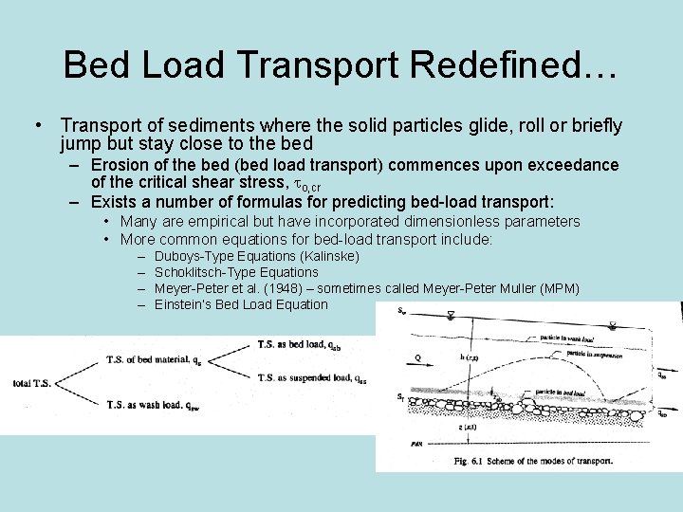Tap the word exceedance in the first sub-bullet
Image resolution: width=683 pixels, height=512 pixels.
click(x=568, y=165)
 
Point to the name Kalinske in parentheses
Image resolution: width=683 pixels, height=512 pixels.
click(x=328, y=256)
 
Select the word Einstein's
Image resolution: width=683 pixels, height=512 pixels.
click(x=183, y=304)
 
